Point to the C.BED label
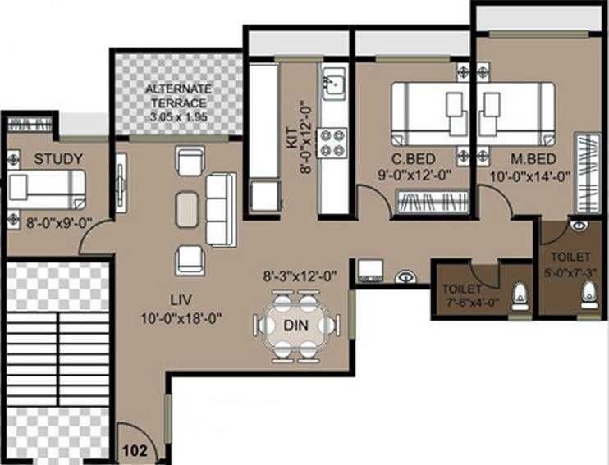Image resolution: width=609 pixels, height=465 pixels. tap(413, 158)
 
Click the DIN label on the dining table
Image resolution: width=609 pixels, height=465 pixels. tap(295, 326)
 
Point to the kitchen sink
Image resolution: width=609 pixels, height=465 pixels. tap(333, 84)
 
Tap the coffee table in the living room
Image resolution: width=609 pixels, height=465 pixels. tap(187, 207)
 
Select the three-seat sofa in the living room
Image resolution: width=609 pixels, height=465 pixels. tap(219, 209)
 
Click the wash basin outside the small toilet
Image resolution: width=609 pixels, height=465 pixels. tap(405, 276)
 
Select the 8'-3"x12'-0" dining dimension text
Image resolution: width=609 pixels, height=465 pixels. tap(300, 276)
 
